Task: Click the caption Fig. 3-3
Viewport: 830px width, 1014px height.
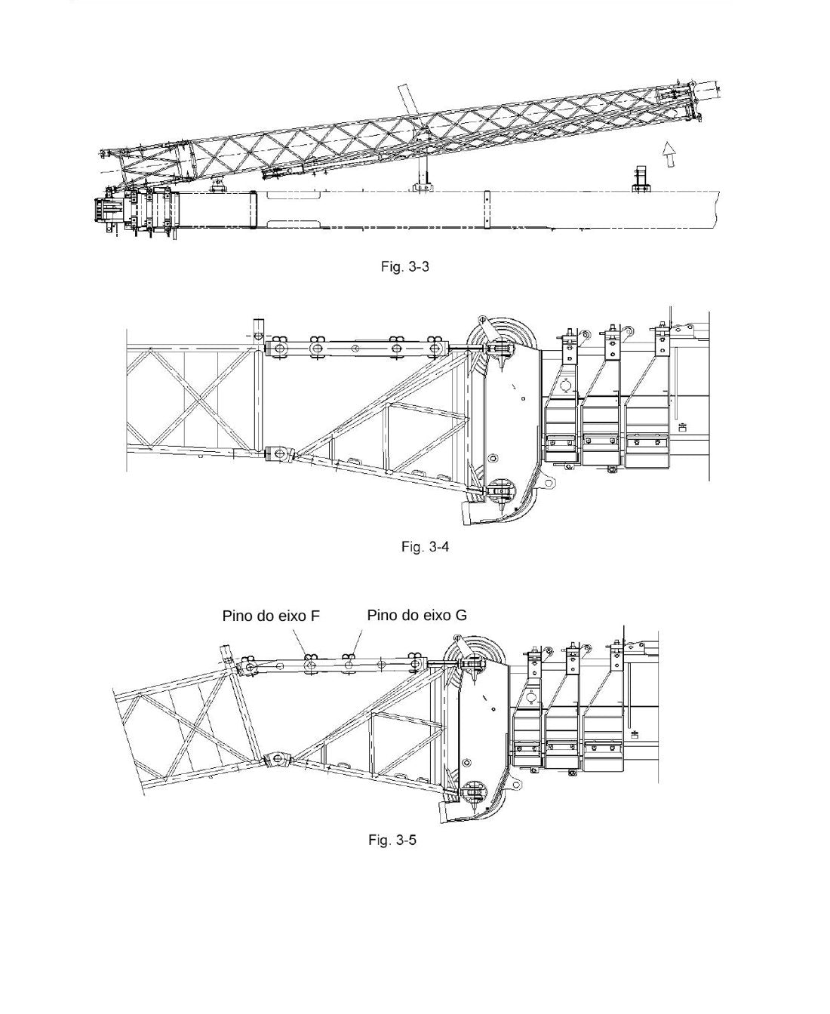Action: click(404, 266)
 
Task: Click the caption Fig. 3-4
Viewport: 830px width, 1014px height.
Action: click(425, 547)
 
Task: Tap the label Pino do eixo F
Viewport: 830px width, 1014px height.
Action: click(271, 616)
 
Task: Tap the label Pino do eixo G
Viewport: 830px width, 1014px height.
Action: click(417, 615)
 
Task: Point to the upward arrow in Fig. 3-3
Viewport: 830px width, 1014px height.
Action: click(668, 155)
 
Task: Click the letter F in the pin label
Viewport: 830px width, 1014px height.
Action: click(315, 616)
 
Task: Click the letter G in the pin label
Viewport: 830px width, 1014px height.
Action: click(462, 615)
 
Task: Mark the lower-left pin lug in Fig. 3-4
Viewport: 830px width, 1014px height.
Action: click(280, 453)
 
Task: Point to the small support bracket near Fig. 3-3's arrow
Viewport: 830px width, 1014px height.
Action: click(641, 179)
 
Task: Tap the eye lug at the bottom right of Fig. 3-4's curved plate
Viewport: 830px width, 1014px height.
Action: click(549, 482)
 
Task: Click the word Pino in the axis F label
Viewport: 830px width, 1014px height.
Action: click(238, 616)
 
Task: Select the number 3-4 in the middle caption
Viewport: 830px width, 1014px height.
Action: click(438, 547)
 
